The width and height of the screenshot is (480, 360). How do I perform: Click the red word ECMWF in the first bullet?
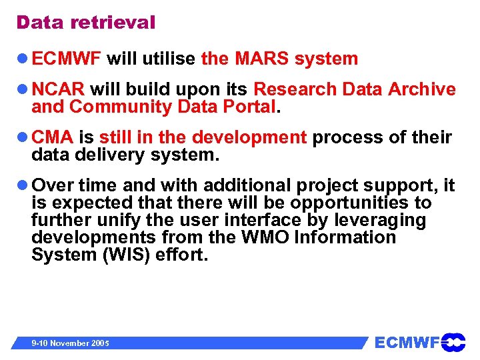coord(66,59)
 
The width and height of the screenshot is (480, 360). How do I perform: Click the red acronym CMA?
coord(53,138)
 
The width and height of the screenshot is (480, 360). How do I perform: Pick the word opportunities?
coord(363,203)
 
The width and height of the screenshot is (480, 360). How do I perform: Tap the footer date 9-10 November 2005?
coord(71,343)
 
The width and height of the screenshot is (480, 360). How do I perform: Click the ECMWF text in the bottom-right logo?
coord(407,343)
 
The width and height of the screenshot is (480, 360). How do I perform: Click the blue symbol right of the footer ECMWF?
coord(453,343)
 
